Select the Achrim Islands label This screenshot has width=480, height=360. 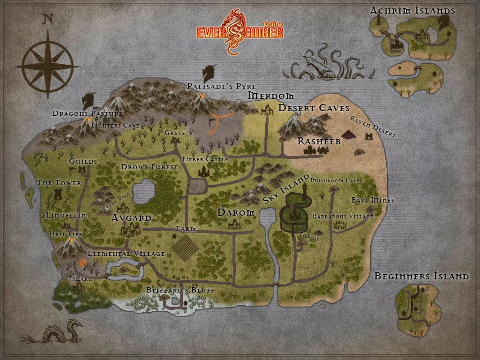tap(413, 11)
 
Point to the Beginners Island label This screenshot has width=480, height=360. tap(421, 276)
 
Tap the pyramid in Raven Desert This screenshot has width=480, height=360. tap(349, 135)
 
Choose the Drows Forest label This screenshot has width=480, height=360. tap(150, 167)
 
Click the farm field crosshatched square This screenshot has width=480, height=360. tap(185, 247)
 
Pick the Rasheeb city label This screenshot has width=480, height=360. tap(319, 141)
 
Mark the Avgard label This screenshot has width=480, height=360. tap(131, 218)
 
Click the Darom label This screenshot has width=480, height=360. tap(236, 213)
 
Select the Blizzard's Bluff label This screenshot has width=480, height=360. tap(180, 290)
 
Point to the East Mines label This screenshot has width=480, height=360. tap(373, 200)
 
